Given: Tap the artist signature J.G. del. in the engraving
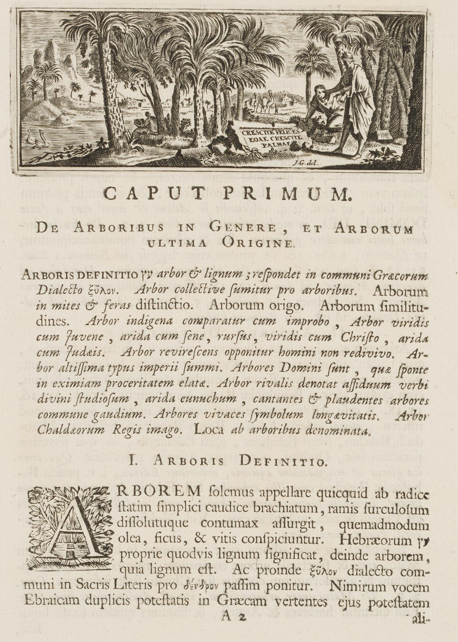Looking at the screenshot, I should click(x=304, y=162).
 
